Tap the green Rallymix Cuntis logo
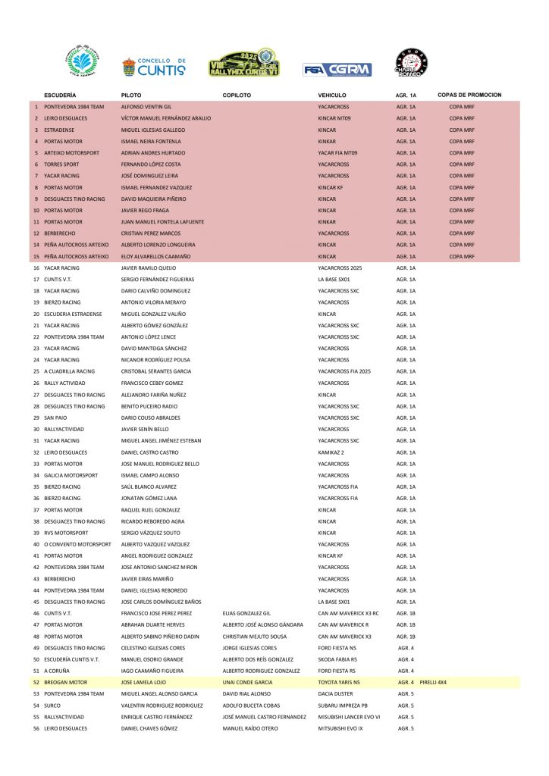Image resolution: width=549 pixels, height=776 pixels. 244,63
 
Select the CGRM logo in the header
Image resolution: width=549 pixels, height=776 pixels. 337,70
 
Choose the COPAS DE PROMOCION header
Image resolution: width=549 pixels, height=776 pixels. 469,95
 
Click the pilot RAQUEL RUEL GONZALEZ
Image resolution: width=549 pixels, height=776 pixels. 152,510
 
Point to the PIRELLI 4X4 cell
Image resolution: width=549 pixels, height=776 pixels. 433,682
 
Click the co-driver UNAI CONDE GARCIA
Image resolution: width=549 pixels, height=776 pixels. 247,682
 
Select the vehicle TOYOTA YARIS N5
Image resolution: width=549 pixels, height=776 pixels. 340,682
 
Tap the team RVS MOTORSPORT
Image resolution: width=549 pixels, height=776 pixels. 67,533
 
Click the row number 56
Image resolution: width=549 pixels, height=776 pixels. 36,728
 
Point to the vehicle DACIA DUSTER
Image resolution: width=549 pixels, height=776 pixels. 334,693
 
